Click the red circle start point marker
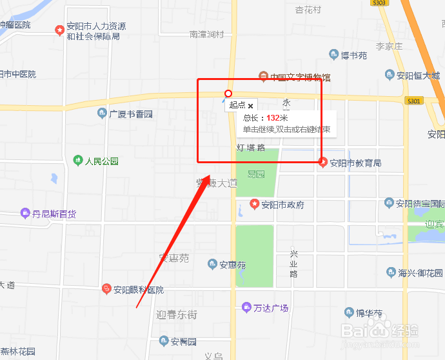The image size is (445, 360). [228, 94]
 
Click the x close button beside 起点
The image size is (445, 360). [251, 105]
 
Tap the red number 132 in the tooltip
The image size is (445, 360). [273, 118]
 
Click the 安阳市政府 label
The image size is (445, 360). [282, 205]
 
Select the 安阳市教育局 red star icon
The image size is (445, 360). [323, 163]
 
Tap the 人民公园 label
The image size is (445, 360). [102, 161]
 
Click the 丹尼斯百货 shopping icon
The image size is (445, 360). [25, 213]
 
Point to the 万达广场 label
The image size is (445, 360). [271, 308]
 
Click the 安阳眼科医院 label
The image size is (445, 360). [139, 290]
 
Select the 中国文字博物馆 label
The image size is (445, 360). [301, 77]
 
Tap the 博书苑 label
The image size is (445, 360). [354, 55]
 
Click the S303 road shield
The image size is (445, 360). [379, 3]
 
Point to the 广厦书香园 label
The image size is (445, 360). [131, 114]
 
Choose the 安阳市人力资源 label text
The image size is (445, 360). [96, 26]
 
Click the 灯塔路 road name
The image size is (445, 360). [251, 148]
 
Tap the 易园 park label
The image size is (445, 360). [256, 174]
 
